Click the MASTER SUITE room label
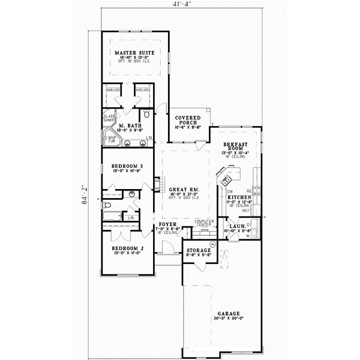click(134, 53)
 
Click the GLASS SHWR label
click(109, 118)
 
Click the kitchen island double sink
click(227, 179)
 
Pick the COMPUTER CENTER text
click(205, 223)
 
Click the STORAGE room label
click(198, 250)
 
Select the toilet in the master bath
click(146, 113)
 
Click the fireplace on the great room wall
click(159, 184)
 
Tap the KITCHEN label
click(239, 196)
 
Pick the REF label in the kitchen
click(245, 211)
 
